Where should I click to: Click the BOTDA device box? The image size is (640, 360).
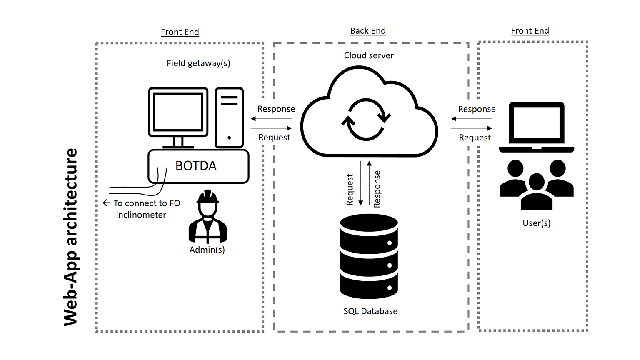[198, 166]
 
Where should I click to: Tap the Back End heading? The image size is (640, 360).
[368, 31]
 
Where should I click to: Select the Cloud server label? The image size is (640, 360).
[369, 55]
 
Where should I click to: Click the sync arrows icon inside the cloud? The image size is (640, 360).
[366, 119]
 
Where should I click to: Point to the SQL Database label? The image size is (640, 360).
[370, 311]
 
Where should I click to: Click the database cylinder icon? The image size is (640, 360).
[369, 256]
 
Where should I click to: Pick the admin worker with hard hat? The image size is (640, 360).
[207, 217]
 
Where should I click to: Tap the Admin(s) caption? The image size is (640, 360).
[207, 250]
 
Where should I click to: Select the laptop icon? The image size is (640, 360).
[537, 127]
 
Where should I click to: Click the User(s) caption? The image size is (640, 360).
[537, 223]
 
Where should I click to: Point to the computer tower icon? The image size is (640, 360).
[229, 117]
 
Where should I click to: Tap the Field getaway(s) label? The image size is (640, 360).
[198, 63]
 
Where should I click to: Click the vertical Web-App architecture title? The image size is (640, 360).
[71, 237]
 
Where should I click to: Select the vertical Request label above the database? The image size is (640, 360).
[350, 190]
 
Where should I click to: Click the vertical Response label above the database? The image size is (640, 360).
[377, 189]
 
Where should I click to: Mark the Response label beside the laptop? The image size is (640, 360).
[477, 109]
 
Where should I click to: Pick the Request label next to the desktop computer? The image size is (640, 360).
[274, 137]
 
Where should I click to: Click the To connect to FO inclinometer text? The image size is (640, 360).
[144, 209]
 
